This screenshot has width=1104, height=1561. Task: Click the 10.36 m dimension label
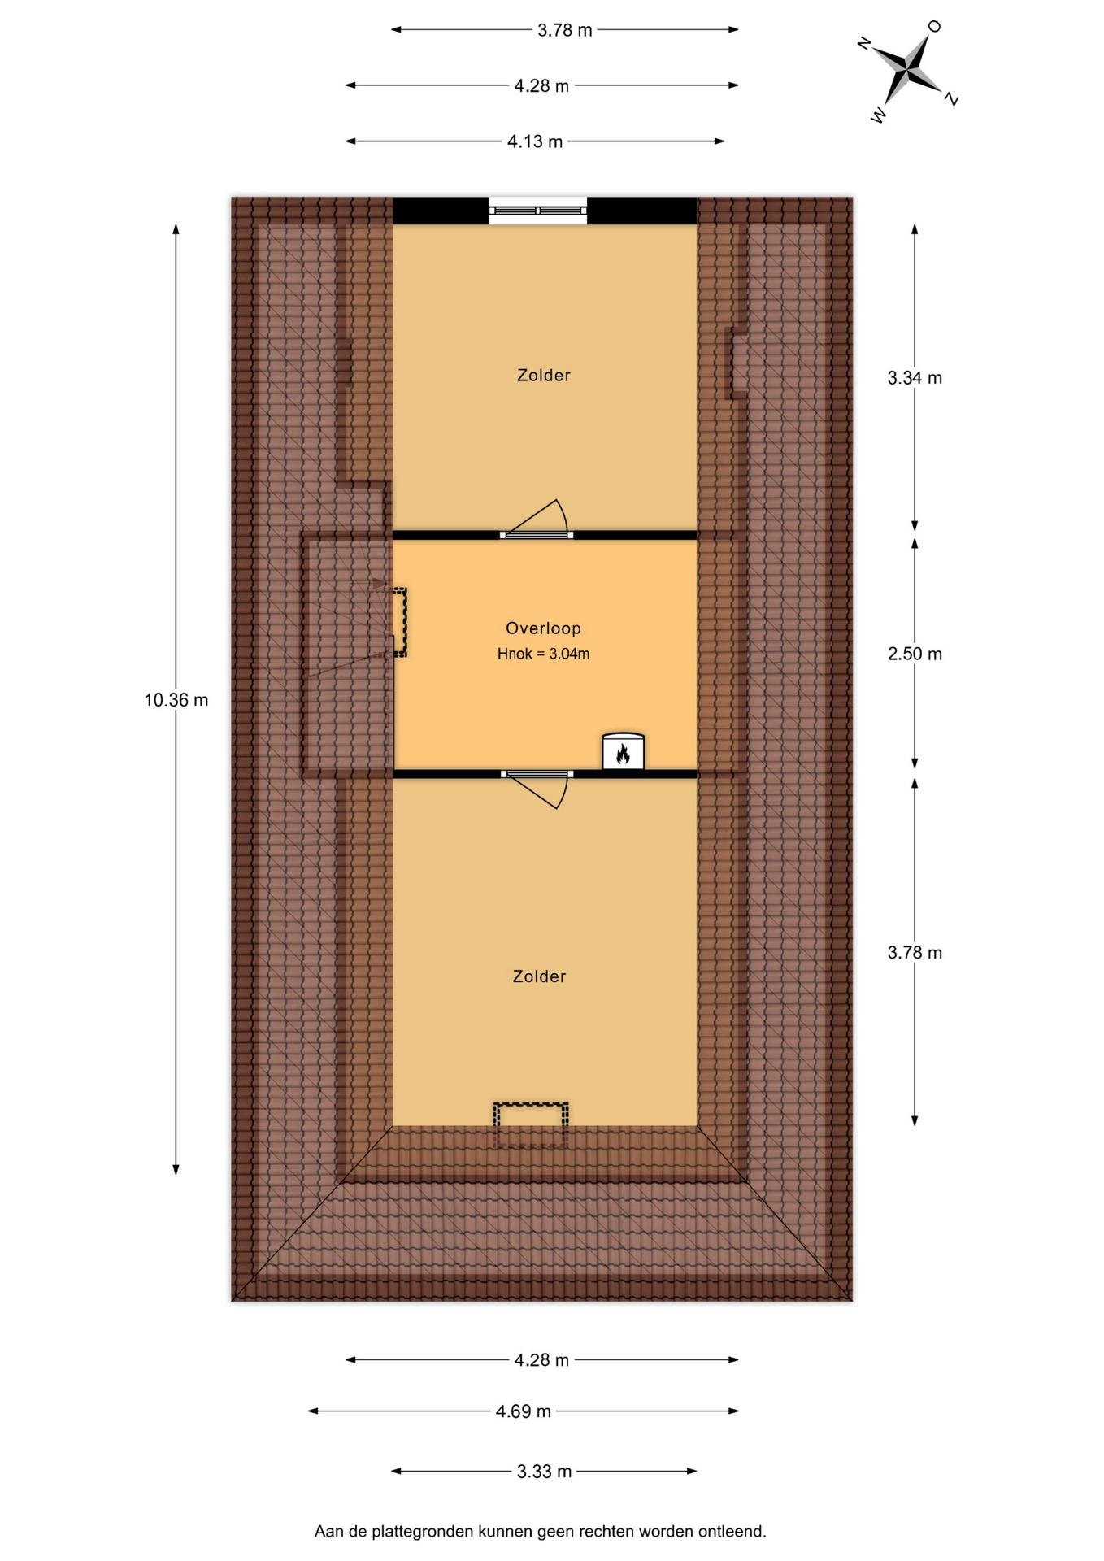tap(176, 700)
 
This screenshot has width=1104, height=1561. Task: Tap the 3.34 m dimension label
tap(915, 378)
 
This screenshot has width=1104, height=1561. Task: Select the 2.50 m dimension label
tap(915, 654)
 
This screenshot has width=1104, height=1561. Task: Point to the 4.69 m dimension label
tap(524, 1411)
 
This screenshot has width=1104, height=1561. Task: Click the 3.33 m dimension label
tap(544, 1472)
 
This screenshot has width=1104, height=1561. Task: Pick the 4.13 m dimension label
tap(535, 141)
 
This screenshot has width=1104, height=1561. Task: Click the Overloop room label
tap(543, 628)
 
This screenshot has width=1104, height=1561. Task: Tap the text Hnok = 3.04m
tap(543, 654)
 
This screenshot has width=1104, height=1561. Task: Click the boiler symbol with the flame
tap(623, 752)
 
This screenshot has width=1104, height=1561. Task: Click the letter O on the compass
tap(934, 27)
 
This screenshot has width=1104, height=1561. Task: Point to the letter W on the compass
tap(879, 115)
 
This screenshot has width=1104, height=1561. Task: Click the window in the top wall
tap(537, 211)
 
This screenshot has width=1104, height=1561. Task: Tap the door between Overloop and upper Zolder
tap(537, 521)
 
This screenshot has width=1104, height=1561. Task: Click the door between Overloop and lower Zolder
tap(537, 789)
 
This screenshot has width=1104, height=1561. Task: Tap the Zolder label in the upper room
tap(544, 376)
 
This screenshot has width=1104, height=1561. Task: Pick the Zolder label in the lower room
tap(539, 976)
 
